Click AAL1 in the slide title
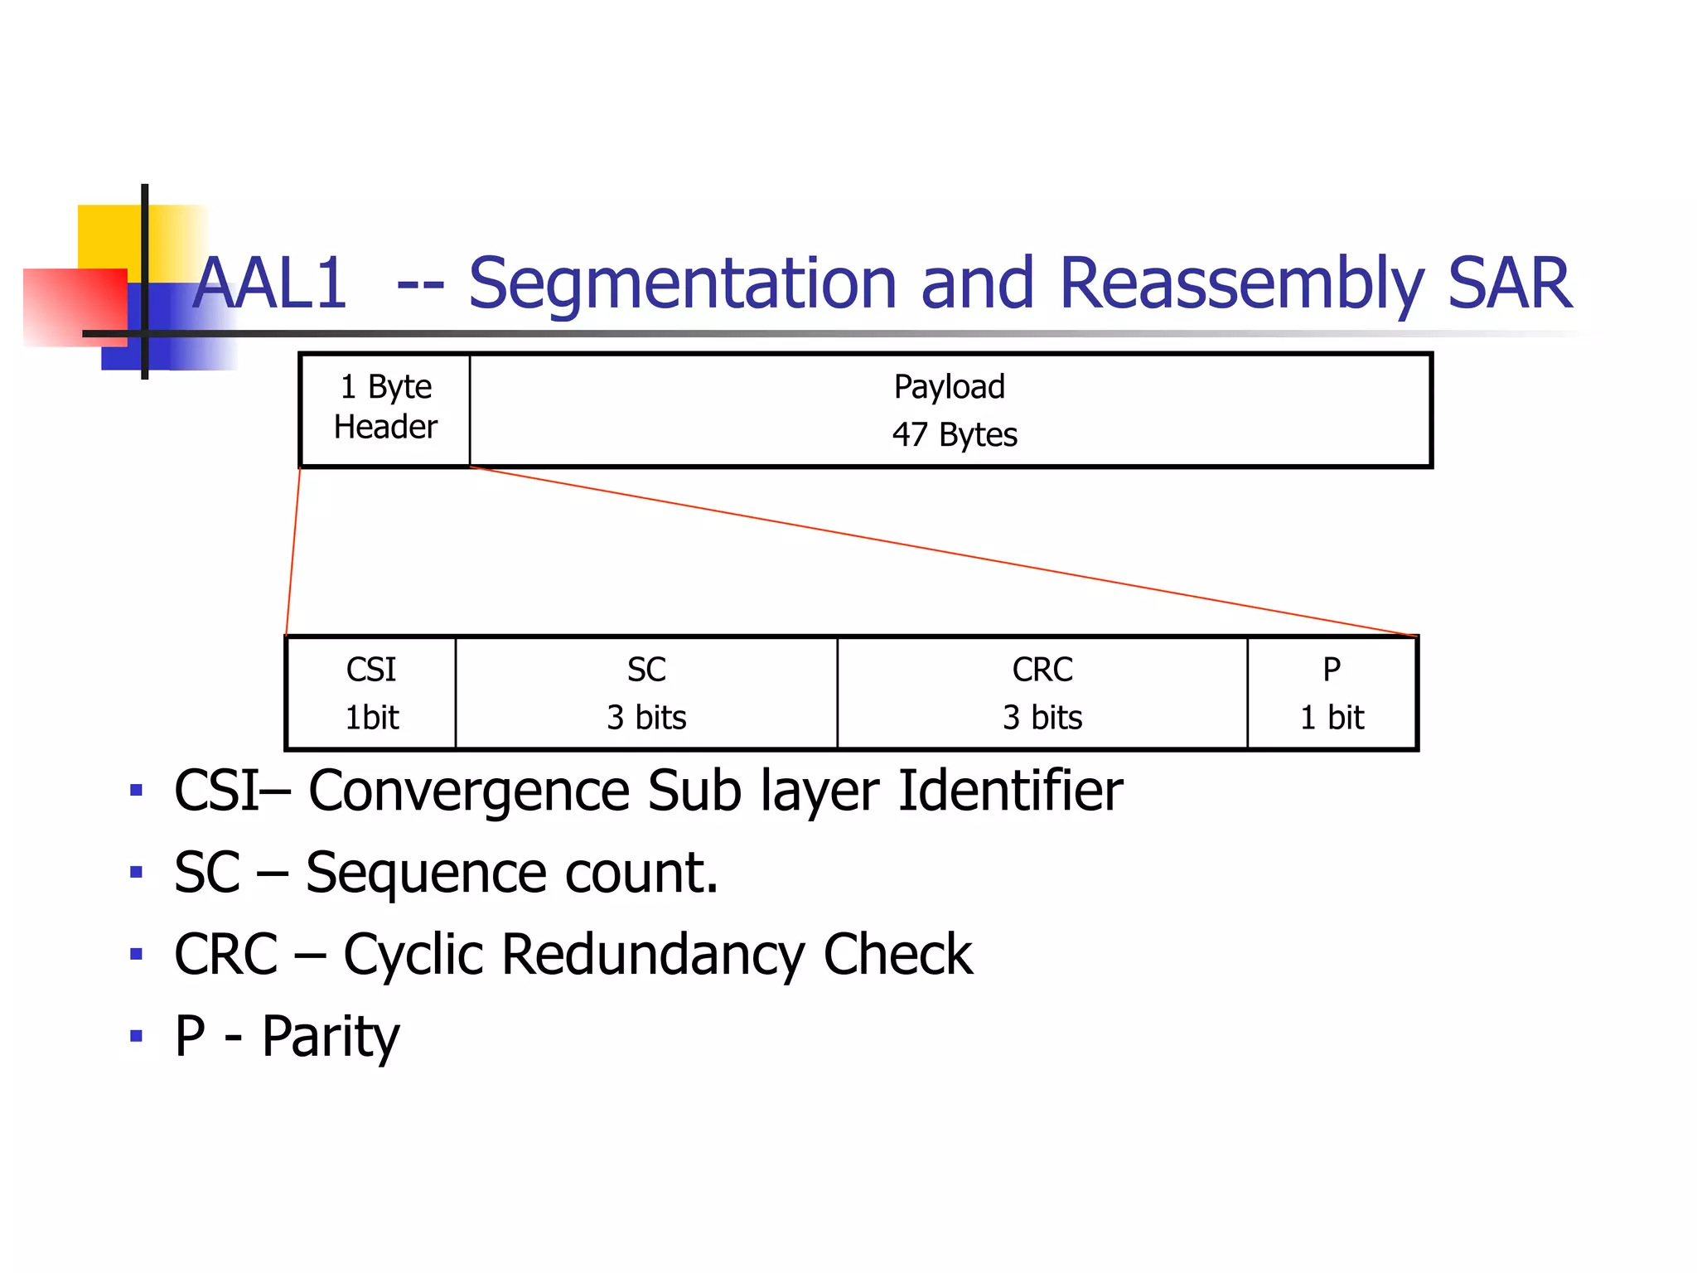point(270,284)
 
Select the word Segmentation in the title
point(682,284)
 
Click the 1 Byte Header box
point(385,409)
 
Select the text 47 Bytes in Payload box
point(954,435)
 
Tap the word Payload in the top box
point(949,387)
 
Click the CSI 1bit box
point(371,694)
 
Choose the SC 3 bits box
point(646,694)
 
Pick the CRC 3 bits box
point(1042,694)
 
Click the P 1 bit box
point(1332,694)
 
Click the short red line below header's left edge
point(293,552)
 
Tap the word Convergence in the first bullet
point(468,791)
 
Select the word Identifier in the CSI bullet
point(1010,791)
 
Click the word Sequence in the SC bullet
point(426,874)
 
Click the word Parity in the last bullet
point(331,1037)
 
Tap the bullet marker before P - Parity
point(137,1036)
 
